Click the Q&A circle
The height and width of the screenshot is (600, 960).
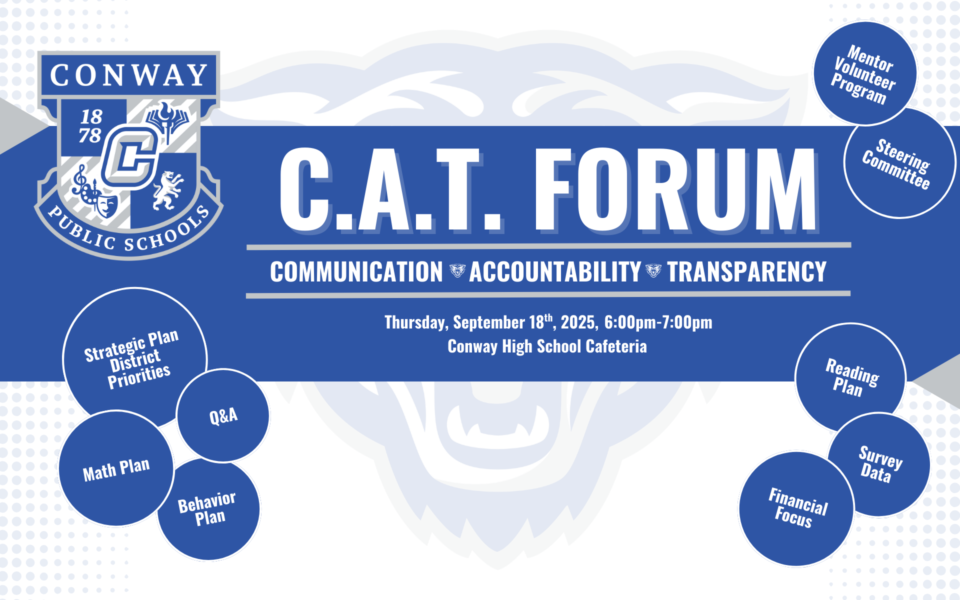click(x=223, y=415)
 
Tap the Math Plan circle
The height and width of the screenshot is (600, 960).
click(x=116, y=469)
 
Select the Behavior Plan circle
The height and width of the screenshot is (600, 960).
click(x=208, y=509)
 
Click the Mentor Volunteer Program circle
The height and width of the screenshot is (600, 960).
click(x=864, y=73)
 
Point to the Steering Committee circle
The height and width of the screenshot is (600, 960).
click(x=898, y=163)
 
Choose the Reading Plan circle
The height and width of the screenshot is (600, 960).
click(x=850, y=377)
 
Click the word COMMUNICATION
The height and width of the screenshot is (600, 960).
click(x=356, y=272)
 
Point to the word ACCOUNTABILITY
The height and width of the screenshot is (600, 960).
click(x=554, y=272)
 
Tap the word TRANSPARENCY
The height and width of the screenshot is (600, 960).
click(x=746, y=272)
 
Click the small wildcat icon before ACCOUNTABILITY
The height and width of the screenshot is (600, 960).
click(x=457, y=271)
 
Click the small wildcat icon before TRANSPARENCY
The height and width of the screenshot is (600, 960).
click(x=653, y=271)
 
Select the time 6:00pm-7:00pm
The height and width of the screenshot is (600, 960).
click(x=658, y=322)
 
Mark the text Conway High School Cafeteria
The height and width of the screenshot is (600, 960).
click(x=547, y=346)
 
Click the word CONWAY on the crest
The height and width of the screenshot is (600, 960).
click(x=128, y=75)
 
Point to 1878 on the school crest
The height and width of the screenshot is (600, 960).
click(x=91, y=126)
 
